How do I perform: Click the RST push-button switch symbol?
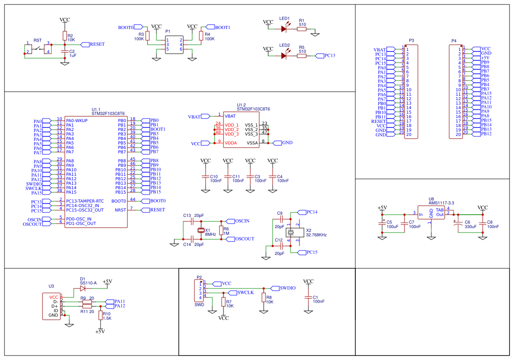coord(38,49)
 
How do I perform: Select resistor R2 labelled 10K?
coord(65,36)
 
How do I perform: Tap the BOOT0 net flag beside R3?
coord(139,27)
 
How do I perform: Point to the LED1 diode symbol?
coord(284,29)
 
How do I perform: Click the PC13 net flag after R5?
coord(320,56)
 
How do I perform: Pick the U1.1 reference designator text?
coord(96,110)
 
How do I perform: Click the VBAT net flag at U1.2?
coord(206,116)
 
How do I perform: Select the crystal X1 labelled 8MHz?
coord(201,230)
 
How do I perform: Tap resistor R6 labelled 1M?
coord(221,230)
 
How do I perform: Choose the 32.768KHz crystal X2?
coord(291,233)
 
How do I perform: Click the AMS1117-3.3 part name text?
coord(442,203)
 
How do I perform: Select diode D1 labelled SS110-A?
coord(83,288)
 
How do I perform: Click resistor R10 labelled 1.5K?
coord(101,315)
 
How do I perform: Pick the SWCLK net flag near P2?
coord(232,292)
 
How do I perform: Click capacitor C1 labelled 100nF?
coord(308,297)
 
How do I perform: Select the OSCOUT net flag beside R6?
coord(231,239)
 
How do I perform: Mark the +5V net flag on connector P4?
coord(476,58)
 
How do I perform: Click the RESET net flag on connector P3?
coord(391,121)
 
